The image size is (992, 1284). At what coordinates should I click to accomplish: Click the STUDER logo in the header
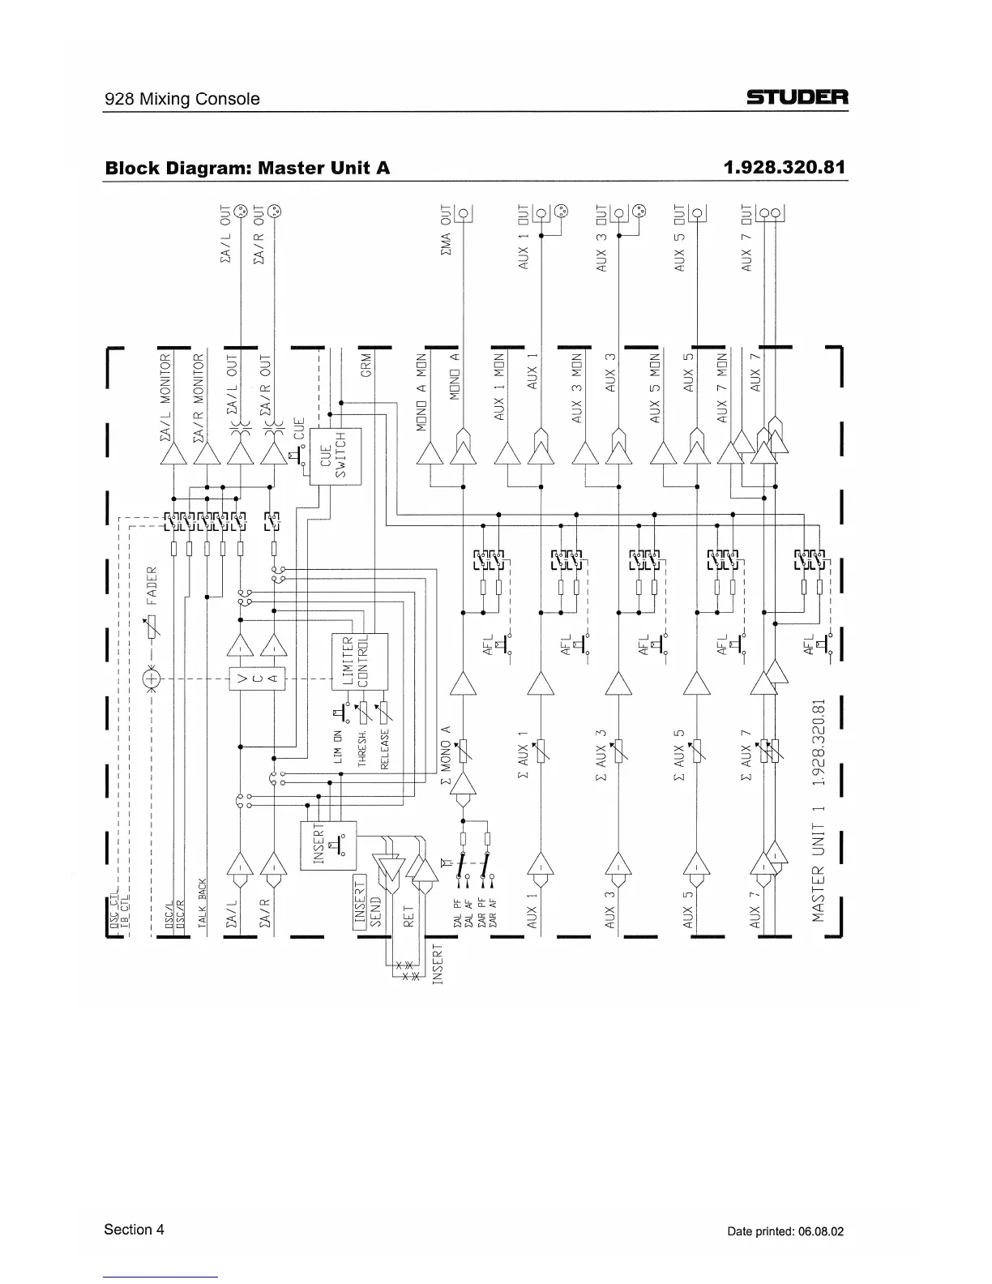click(797, 99)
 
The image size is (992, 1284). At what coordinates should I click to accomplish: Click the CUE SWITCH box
click(335, 455)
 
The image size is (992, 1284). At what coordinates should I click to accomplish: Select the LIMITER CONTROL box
click(358, 661)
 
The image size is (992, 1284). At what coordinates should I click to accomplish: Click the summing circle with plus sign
click(152, 678)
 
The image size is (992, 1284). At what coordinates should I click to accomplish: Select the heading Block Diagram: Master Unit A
click(247, 168)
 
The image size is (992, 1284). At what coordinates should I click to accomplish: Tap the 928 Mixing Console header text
click(182, 99)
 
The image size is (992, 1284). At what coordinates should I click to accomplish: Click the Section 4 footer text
click(134, 1230)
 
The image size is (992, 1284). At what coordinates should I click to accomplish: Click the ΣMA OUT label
click(445, 235)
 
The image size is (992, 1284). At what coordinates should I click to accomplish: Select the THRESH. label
click(362, 743)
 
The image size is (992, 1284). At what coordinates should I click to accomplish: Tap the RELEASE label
click(385, 749)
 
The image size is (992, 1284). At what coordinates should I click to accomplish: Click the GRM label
click(366, 364)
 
